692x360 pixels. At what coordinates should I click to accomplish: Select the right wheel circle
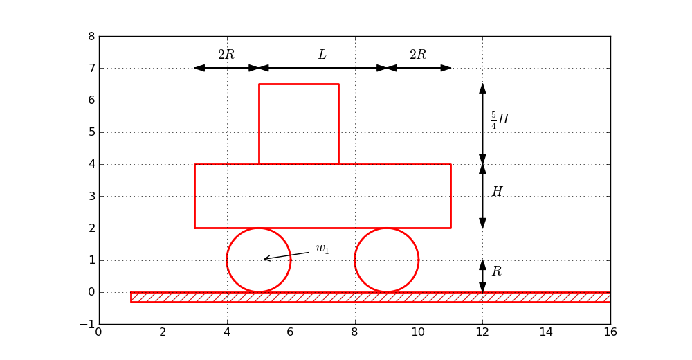point(387,260)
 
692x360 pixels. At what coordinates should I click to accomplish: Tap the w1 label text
point(322,249)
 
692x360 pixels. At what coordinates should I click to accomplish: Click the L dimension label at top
point(322,55)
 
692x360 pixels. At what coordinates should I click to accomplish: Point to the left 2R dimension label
point(226,55)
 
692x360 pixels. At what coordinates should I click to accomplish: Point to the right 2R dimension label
point(418,55)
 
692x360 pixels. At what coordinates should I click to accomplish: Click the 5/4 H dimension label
point(500,120)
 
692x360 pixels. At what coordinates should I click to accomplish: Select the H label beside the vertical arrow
point(497,192)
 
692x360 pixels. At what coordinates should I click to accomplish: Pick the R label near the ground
point(496,272)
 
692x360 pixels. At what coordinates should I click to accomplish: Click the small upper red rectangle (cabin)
point(299,124)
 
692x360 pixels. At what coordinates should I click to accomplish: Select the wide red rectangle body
point(322,196)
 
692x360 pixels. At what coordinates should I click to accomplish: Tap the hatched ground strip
point(370,297)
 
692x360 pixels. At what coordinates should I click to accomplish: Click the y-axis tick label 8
point(91,37)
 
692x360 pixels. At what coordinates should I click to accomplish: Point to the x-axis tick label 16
point(610,332)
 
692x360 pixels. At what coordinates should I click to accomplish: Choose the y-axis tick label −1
point(88,324)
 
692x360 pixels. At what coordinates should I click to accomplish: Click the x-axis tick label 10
point(418,332)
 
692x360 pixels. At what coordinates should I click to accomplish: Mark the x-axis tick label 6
point(291,332)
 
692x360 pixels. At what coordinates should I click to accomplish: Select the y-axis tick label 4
point(91,164)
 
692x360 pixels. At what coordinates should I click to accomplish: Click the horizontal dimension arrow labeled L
point(322,68)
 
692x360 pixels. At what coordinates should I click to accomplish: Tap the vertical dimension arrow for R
point(482,276)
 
